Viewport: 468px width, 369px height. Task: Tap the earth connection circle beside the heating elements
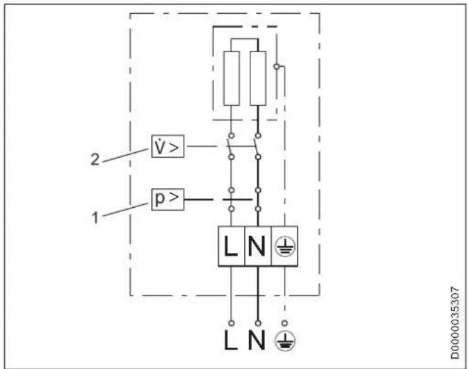(277, 67)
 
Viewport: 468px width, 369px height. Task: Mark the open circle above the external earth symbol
(284, 322)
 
